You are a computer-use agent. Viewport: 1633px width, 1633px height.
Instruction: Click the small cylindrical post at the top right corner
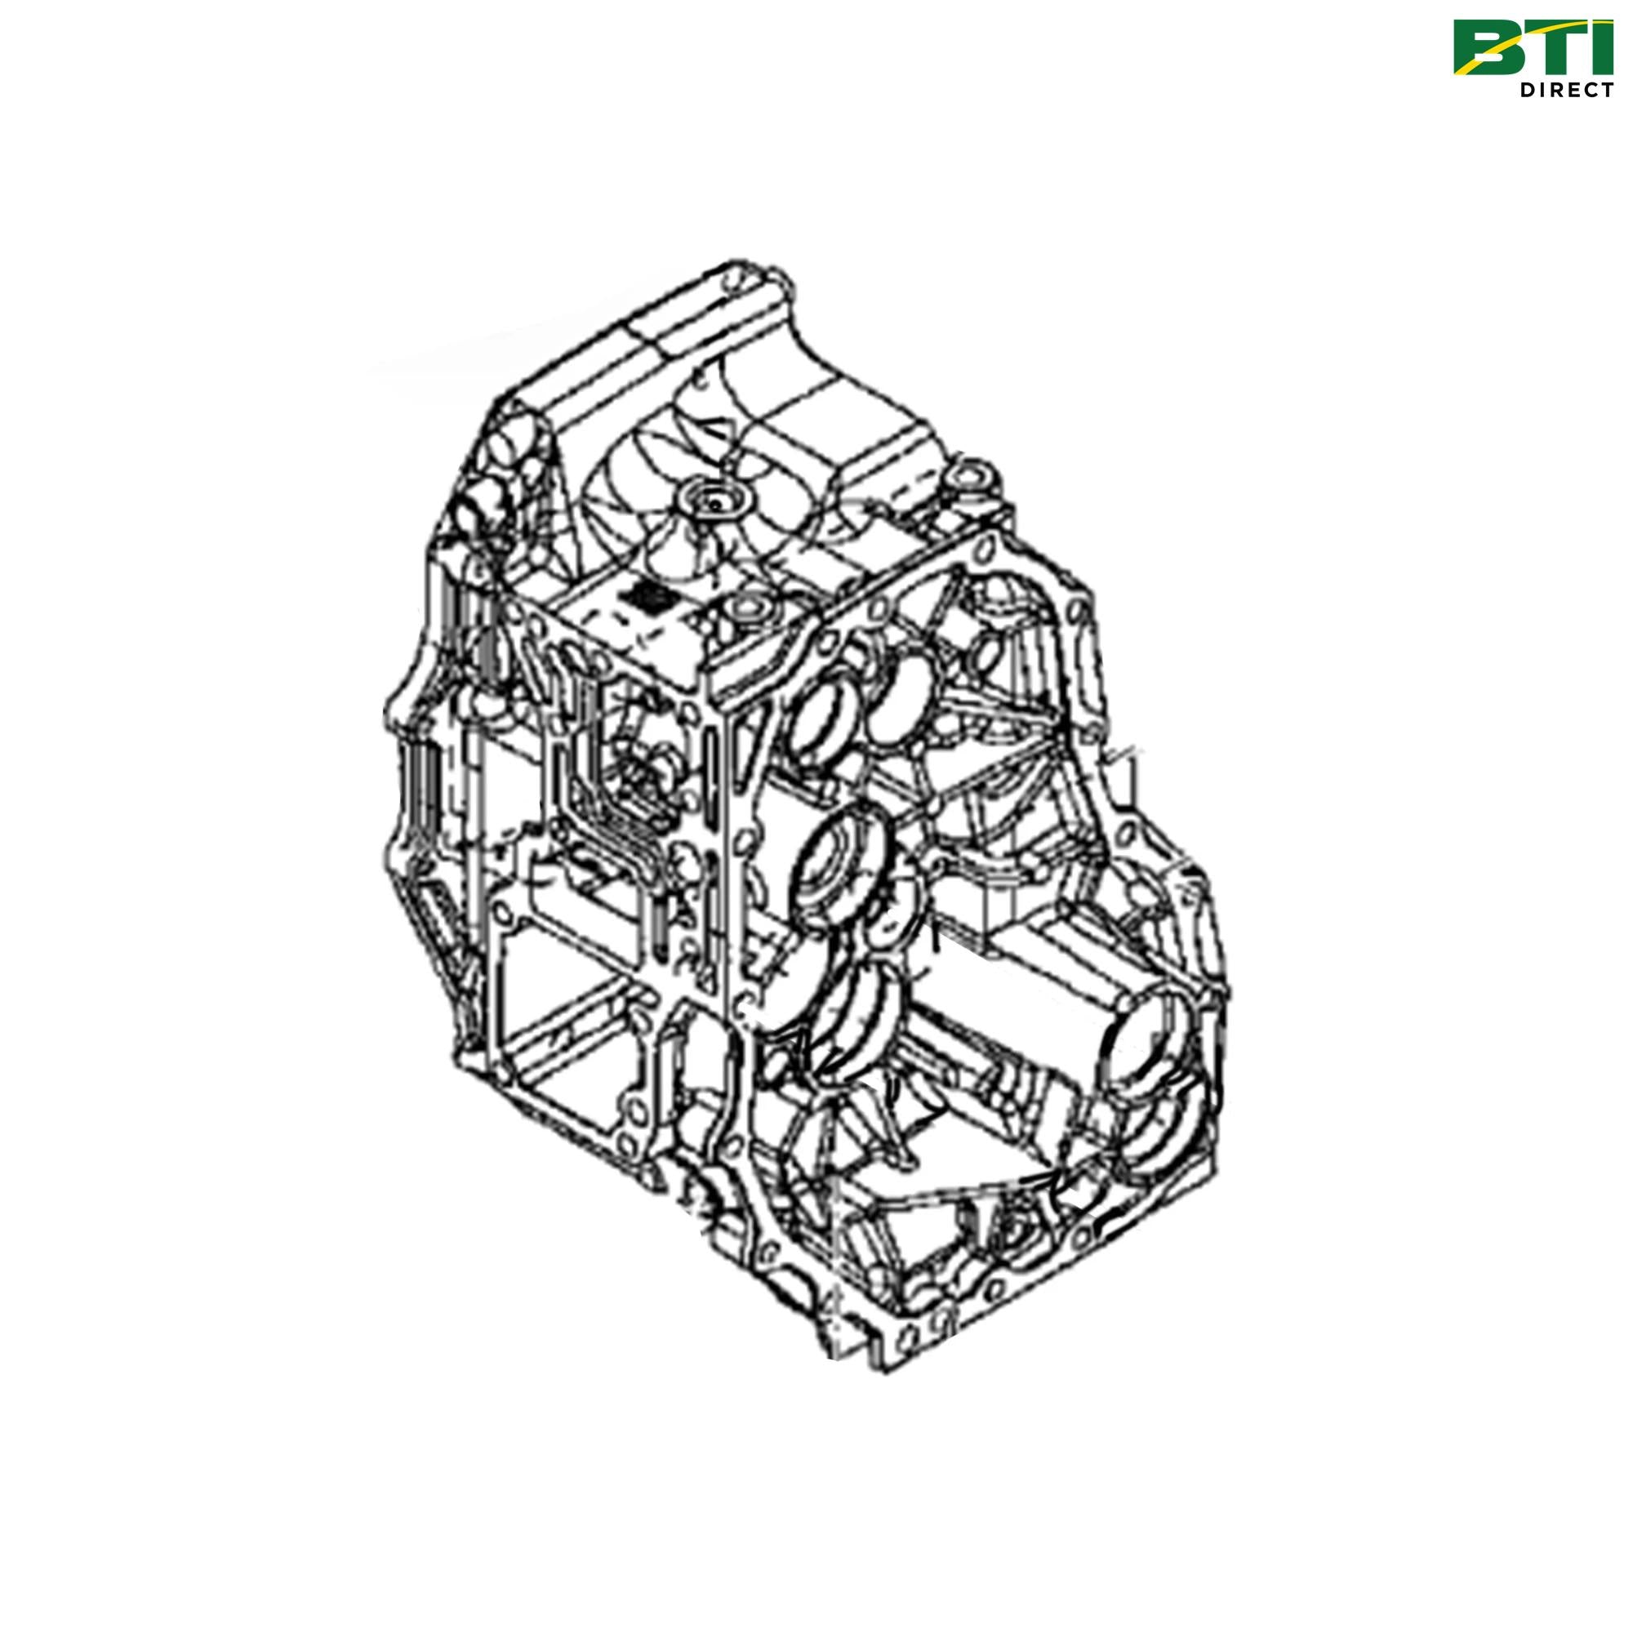coord(968,478)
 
